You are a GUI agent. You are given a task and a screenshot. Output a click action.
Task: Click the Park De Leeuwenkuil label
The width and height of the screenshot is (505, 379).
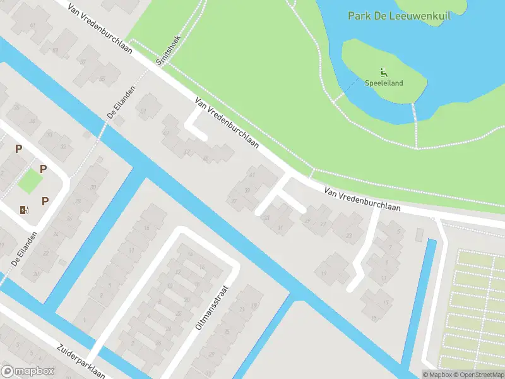pyautogui.click(x=399, y=15)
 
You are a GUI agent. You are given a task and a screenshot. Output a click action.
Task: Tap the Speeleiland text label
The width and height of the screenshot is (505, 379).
pyautogui.click(x=384, y=83)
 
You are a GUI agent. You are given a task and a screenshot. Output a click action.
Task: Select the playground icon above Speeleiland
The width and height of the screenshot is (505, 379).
pyautogui.click(x=383, y=72)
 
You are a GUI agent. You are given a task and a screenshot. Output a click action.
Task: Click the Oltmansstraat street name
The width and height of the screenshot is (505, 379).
pyautogui.click(x=214, y=309)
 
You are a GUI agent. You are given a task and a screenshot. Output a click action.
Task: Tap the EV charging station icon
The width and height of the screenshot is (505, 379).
pyautogui.click(x=24, y=210)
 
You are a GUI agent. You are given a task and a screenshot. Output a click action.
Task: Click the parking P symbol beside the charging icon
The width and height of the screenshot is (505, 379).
pyautogui.click(x=45, y=201)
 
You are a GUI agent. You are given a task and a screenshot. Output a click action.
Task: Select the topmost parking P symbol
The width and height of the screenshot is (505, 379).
pyautogui.click(x=18, y=148)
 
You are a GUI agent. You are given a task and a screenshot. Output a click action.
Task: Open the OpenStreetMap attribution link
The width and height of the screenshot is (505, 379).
pyautogui.click(x=477, y=375)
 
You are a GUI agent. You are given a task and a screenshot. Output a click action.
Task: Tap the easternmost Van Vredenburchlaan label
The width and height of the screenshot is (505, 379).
pyautogui.click(x=363, y=200)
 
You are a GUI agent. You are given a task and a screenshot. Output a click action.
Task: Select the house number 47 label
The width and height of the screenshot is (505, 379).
pyautogui.click(x=187, y=152)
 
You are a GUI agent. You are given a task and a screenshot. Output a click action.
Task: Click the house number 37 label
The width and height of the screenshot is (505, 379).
pyautogui.click(x=234, y=202)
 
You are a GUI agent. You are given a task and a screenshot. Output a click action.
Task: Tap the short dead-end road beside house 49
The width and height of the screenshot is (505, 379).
pyautogui.click(x=196, y=126)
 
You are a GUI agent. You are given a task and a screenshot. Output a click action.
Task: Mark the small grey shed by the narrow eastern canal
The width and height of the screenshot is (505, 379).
pyautogui.click(x=420, y=234)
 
